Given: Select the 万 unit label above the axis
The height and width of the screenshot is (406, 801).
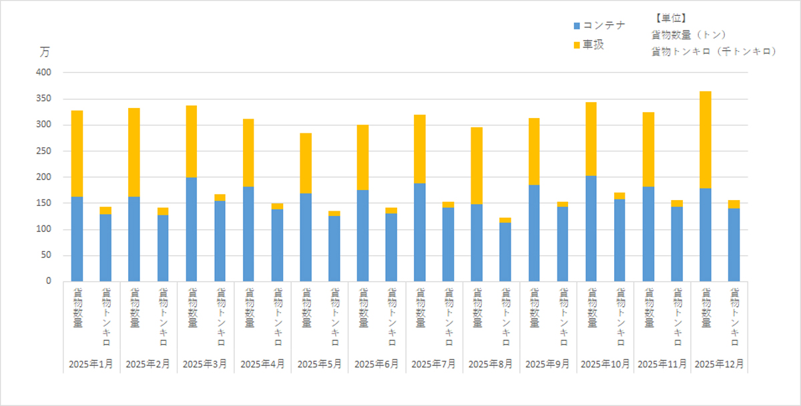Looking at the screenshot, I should [44, 52].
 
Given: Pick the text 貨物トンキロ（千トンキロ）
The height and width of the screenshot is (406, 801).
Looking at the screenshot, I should [714, 51].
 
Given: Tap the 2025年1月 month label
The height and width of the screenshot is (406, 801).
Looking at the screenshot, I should [91, 365].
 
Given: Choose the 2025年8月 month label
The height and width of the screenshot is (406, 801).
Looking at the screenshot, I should [491, 365].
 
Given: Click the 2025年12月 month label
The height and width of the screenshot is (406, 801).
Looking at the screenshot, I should [720, 365].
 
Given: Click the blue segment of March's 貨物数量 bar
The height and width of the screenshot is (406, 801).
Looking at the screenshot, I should [192, 229].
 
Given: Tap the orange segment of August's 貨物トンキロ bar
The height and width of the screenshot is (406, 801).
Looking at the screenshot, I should [505, 220].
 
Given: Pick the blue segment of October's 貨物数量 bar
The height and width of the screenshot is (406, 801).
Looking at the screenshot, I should [591, 229].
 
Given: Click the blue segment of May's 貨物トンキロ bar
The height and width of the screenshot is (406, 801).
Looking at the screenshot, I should [334, 249].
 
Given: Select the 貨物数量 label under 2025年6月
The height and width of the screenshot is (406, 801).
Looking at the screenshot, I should [362, 307].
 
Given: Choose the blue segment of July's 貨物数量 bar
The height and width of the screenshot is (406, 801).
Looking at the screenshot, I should [420, 232].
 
